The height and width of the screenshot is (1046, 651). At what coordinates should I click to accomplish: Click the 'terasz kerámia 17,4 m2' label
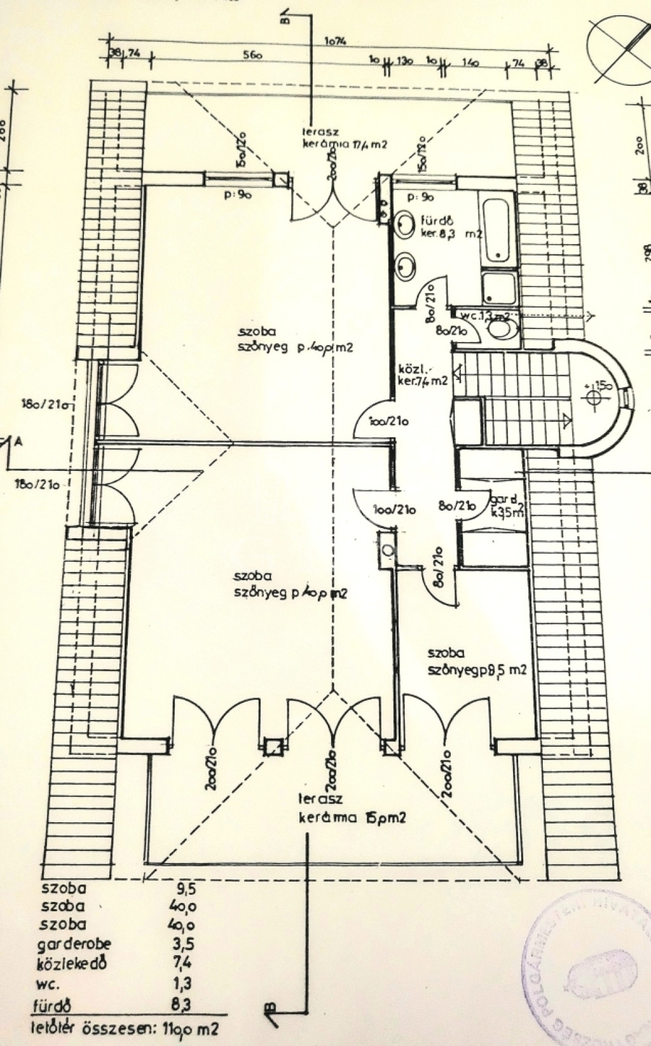tap(346, 139)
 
